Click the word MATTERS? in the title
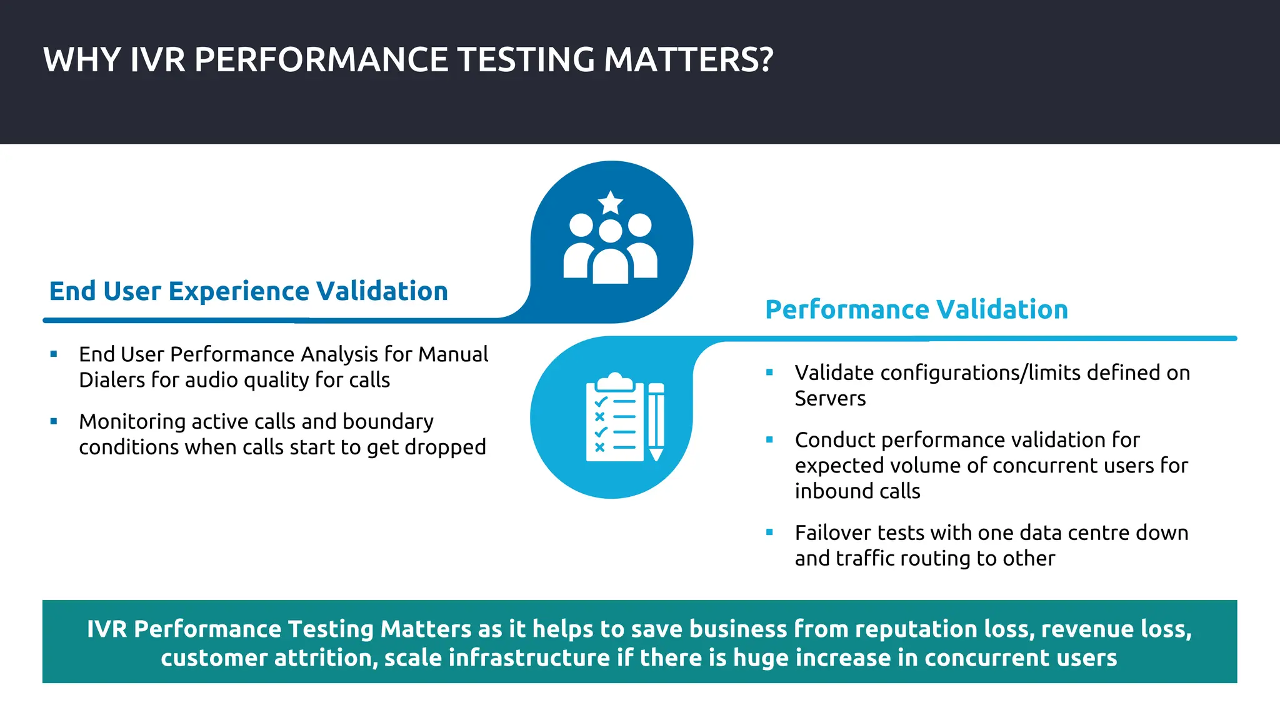688,60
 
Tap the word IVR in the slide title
157,60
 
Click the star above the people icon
611,202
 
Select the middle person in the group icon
611,256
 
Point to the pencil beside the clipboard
656,421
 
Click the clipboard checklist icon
614,419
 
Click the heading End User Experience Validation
248,291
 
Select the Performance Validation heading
916,309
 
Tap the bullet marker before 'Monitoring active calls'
54,422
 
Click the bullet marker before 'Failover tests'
769,532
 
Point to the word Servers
830,399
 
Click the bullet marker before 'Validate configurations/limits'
769,372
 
